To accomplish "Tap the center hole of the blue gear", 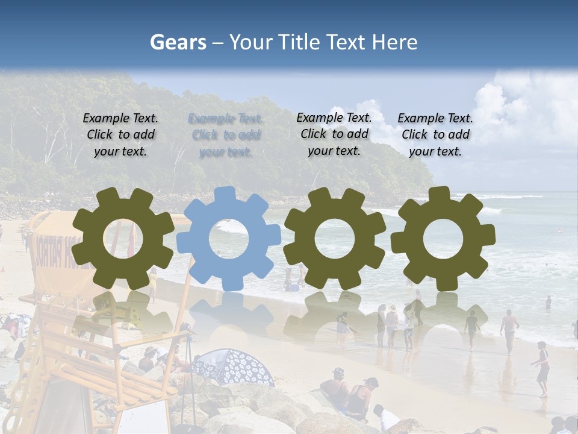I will click(229, 238).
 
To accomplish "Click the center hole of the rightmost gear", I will click(443, 238).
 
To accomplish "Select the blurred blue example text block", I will click(226, 135).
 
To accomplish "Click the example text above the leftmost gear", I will click(120, 135).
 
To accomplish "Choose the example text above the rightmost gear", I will click(435, 135).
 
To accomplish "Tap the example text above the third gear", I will click(334, 134).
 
